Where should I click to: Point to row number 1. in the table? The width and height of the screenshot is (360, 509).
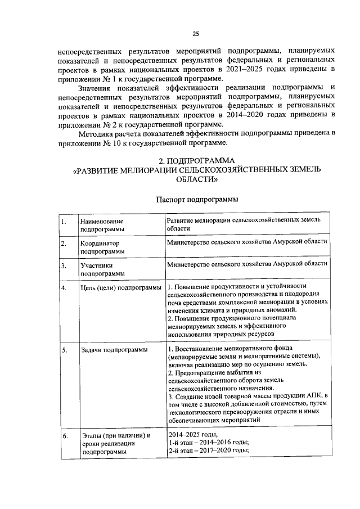[x=64, y=222]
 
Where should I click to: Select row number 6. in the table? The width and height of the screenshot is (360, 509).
[x=64, y=436]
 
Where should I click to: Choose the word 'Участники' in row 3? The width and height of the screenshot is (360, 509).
[x=96, y=265]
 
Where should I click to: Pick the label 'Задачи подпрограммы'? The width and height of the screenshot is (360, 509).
[x=110, y=350]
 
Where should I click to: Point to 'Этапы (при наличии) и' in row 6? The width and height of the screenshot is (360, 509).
[x=116, y=436]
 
